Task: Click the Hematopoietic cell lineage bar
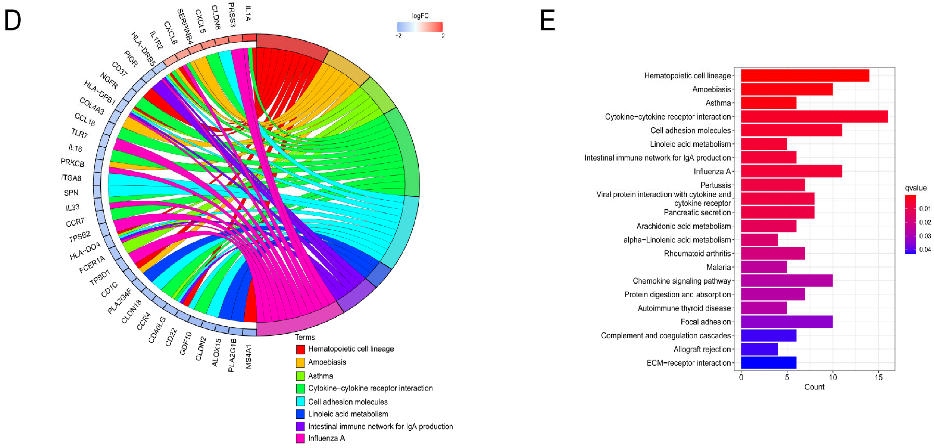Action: tap(805, 75)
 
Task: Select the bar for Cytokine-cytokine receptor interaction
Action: tap(814, 117)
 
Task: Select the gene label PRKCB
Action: tap(72, 163)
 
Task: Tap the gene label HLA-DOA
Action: tap(85, 251)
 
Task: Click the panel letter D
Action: tap(13, 21)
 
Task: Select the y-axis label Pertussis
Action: tap(715, 185)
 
